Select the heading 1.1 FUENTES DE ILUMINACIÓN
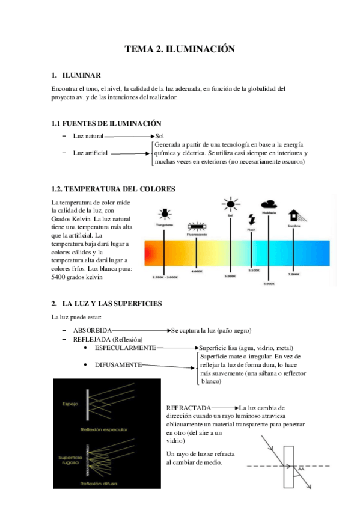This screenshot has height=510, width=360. click(106, 123)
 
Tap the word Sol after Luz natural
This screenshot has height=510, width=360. click(159, 137)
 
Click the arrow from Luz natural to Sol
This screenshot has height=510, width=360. click(130, 137)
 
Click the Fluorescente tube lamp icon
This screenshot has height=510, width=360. click(197, 227)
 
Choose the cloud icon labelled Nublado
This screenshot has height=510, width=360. click(269, 204)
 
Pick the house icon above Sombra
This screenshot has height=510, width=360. click(294, 215)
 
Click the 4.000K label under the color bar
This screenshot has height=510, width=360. click(197, 272)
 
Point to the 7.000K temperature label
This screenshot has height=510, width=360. click(293, 274)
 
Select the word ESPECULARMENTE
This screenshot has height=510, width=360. click(125, 348)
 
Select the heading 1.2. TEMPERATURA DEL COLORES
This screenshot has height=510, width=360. click(114, 189)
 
